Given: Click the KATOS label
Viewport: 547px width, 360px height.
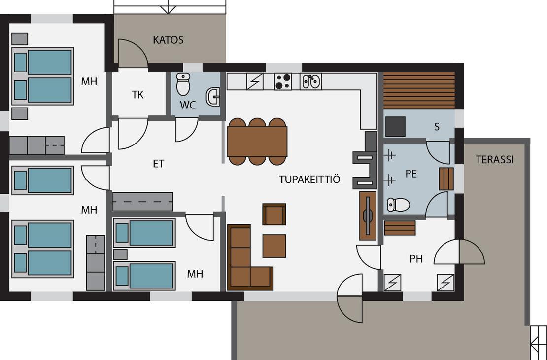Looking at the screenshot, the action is pos(168,40).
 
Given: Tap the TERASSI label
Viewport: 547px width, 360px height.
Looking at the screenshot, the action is pos(495,160).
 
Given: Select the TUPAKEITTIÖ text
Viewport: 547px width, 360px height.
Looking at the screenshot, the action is pos(309,180).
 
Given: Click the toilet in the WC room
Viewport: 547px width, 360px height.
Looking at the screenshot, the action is pos(183,84).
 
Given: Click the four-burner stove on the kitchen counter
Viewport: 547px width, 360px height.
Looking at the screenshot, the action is pos(283,82).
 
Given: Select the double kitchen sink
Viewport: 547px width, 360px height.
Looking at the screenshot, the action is pos(310,81).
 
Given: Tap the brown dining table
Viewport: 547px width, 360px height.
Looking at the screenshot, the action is pos(257,142).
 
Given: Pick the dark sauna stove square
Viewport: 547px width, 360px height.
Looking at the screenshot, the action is pos(395,126).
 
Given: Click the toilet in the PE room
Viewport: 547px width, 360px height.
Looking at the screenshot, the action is pos(398,205).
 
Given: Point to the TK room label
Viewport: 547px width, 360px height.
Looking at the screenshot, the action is pos(138,95).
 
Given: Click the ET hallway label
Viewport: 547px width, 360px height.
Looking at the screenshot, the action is pos(158,164).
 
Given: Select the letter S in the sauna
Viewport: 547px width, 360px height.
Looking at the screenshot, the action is pos(437,127).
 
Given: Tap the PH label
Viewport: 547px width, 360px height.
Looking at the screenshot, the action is pos(416,259).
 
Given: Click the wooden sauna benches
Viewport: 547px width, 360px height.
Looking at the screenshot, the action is pos(419,90).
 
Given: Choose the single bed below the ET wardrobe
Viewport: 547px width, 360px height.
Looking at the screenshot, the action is pos(144,233).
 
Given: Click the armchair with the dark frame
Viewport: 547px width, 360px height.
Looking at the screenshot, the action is pos(274,215).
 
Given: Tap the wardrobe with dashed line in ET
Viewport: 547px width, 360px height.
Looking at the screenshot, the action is pos(142,202).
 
